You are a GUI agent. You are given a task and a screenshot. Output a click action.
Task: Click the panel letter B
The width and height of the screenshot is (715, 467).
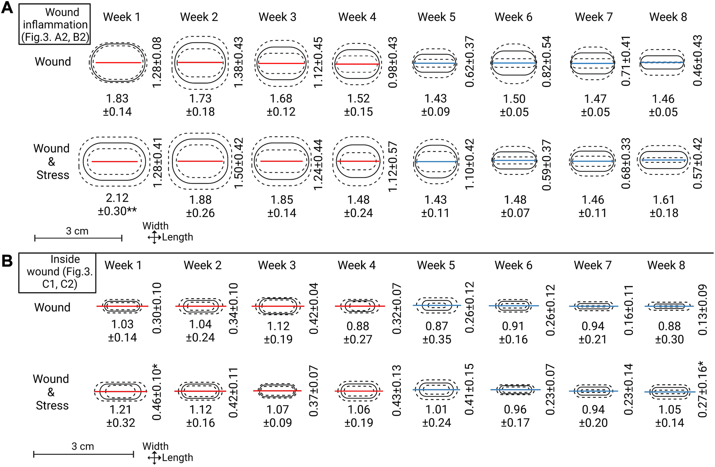coord(7,261)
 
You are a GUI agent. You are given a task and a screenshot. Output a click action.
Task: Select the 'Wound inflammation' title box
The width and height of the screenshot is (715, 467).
coord(54,24)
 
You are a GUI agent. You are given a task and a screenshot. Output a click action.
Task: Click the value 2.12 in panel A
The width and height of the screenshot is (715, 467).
coord(117,198)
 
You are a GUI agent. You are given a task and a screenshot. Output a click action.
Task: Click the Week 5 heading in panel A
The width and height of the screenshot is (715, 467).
coord(436,17)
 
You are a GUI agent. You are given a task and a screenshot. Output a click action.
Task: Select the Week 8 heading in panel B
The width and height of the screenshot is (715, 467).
coord(666,265)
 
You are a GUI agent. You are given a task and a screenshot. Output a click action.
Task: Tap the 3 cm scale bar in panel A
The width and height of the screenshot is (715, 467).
coord(78,238)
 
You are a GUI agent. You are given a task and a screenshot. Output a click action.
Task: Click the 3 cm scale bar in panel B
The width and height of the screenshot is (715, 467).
coord(83,454)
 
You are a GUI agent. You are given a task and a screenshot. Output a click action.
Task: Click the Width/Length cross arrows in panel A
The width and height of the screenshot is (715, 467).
coord(154,237)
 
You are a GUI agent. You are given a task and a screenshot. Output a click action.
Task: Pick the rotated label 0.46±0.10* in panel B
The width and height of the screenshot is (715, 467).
coord(157,392)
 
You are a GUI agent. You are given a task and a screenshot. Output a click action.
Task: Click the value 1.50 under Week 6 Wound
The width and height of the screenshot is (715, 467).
coord(514,99)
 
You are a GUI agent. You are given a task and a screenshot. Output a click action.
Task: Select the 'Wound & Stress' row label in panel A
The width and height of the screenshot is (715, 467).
coord(52,162)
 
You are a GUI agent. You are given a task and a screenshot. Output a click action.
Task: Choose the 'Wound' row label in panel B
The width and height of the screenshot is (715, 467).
coord(52,307)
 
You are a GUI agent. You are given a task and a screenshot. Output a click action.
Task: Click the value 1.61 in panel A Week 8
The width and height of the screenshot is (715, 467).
coord(664,200)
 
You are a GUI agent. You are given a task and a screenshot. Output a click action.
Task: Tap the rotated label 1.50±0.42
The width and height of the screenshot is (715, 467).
coord(238,163)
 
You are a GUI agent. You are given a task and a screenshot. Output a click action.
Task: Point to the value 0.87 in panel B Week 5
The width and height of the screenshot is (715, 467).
coord(437,326)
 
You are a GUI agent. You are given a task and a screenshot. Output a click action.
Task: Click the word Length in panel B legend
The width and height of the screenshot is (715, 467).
coord(178,458)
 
